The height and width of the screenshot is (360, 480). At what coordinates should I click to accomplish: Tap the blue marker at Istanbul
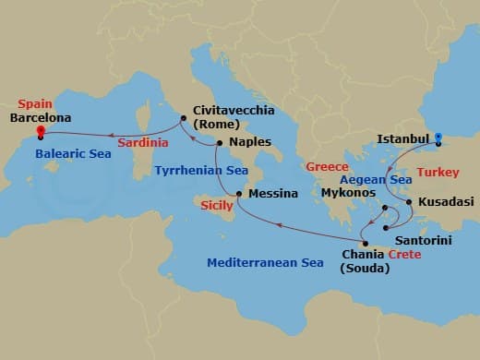pyautogui.click(x=438, y=138)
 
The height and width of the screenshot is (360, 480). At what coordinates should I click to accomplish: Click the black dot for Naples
pyautogui.click(x=218, y=143)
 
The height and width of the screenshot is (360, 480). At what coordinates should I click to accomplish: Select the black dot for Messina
pyautogui.click(x=238, y=194)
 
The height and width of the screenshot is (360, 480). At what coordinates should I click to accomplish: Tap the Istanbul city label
pyautogui.click(x=404, y=140)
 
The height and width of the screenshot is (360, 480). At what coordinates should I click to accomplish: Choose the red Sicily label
pyautogui.click(x=217, y=206)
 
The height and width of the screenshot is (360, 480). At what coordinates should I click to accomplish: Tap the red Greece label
pyautogui.click(x=327, y=167)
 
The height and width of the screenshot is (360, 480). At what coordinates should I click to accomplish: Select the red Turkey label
pyautogui.click(x=438, y=173)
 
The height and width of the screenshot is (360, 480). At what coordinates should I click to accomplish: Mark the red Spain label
pyautogui.click(x=34, y=105)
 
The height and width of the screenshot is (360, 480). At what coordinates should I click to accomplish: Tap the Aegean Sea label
pyautogui.click(x=375, y=179)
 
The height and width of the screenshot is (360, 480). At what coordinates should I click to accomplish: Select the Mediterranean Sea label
pyautogui.click(x=265, y=263)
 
